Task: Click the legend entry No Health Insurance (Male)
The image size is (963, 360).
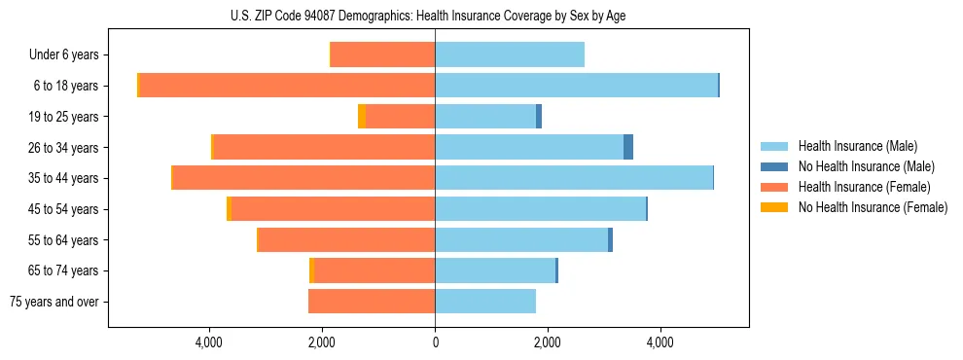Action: (x=858, y=166)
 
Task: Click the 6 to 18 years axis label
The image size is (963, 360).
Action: (x=66, y=86)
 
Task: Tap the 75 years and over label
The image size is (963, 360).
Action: (x=54, y=302)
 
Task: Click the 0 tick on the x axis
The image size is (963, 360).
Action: (x=435, y=342)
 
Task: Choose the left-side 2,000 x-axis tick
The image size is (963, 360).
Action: (x=322, y=342)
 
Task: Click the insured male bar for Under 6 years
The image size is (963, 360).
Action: (x=510, y=55)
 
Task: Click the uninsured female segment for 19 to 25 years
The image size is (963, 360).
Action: (x=362, y=117)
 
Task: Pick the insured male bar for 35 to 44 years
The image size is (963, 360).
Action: (x=574, y=178)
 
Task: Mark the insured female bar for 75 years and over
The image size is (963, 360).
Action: (x=372, y=302)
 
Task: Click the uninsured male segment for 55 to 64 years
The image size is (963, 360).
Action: (x=610, y=239)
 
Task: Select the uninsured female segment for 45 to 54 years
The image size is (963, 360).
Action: (x=229, y=209)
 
